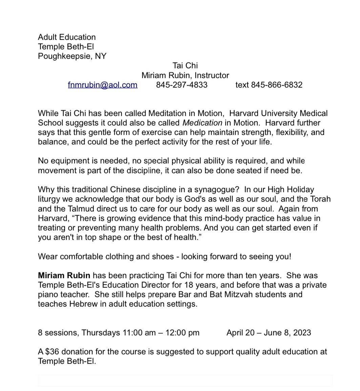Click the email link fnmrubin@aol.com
tap(103, 85)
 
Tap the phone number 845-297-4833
tap(182, 85)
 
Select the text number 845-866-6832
tap(276, 85)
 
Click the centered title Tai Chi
tap(185, 65)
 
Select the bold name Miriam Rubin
tap(64, 276)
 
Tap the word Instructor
tap(211, 75)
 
